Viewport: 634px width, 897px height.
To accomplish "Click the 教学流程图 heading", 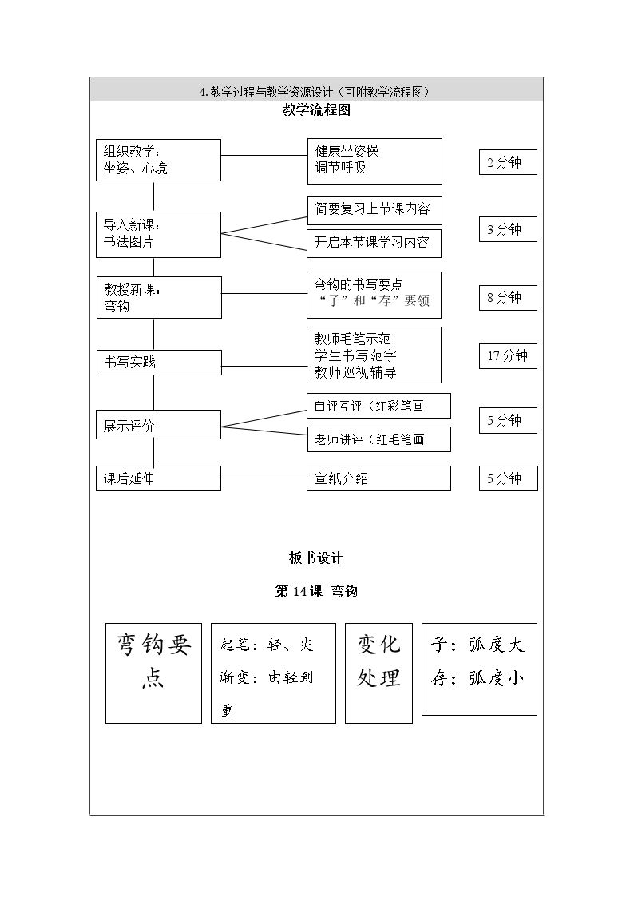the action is click(316, 110).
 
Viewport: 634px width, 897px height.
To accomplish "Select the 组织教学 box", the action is click(158, 161).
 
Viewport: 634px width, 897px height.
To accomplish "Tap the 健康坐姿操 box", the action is click(374, 161).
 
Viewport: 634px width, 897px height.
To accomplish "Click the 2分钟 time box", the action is click(508, 162).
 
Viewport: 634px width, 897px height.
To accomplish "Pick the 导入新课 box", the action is click(158, 235).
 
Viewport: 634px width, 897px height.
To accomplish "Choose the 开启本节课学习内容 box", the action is click(374, 244).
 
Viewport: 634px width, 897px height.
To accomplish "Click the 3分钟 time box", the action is click(508, 229).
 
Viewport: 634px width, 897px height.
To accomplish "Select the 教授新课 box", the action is click(158, 297).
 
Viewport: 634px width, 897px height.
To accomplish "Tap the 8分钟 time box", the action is click(508, 297).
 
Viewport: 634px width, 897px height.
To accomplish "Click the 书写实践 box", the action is click(158, 363).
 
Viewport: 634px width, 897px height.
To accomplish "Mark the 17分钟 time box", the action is click(508, 355).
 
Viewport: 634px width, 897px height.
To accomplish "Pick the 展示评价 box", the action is click(158, 424).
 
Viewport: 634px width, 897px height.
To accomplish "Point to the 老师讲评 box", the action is click(379, 439).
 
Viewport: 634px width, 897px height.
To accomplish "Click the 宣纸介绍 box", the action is click(378, 478).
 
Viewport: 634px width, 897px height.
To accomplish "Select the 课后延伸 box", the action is click(158, 478).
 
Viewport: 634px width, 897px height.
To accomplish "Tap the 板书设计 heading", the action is click(316, 558).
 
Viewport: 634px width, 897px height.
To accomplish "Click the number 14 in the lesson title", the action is click(300, 592).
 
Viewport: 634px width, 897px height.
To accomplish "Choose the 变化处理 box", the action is click(378, 673).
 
